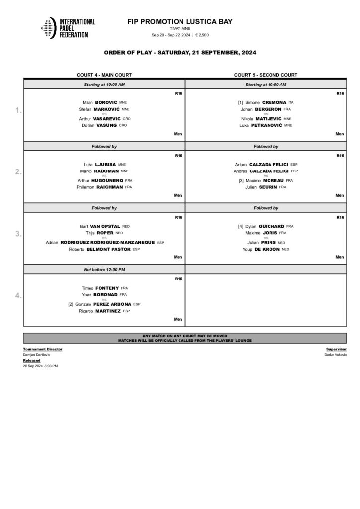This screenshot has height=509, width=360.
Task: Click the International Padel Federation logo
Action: [68, 28]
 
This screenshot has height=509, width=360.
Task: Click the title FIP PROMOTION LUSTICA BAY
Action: [180, 22]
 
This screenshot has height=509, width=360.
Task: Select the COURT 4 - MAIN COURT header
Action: [104, 75]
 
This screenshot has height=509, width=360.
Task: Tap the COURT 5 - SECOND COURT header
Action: [266, 75]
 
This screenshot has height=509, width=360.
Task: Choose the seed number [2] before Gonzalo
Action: [71, 304]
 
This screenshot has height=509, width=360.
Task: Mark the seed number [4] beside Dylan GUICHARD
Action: [241, 226]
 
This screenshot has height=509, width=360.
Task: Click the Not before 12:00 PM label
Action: [104, 269]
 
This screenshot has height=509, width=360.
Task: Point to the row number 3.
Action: [18, 234]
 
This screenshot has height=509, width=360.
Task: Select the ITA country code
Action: [291, 102]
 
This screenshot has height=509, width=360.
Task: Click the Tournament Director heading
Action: [43, 349]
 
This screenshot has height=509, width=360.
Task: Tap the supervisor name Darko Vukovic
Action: [336, 355]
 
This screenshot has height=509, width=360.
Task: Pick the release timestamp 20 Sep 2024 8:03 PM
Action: [40, 366]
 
